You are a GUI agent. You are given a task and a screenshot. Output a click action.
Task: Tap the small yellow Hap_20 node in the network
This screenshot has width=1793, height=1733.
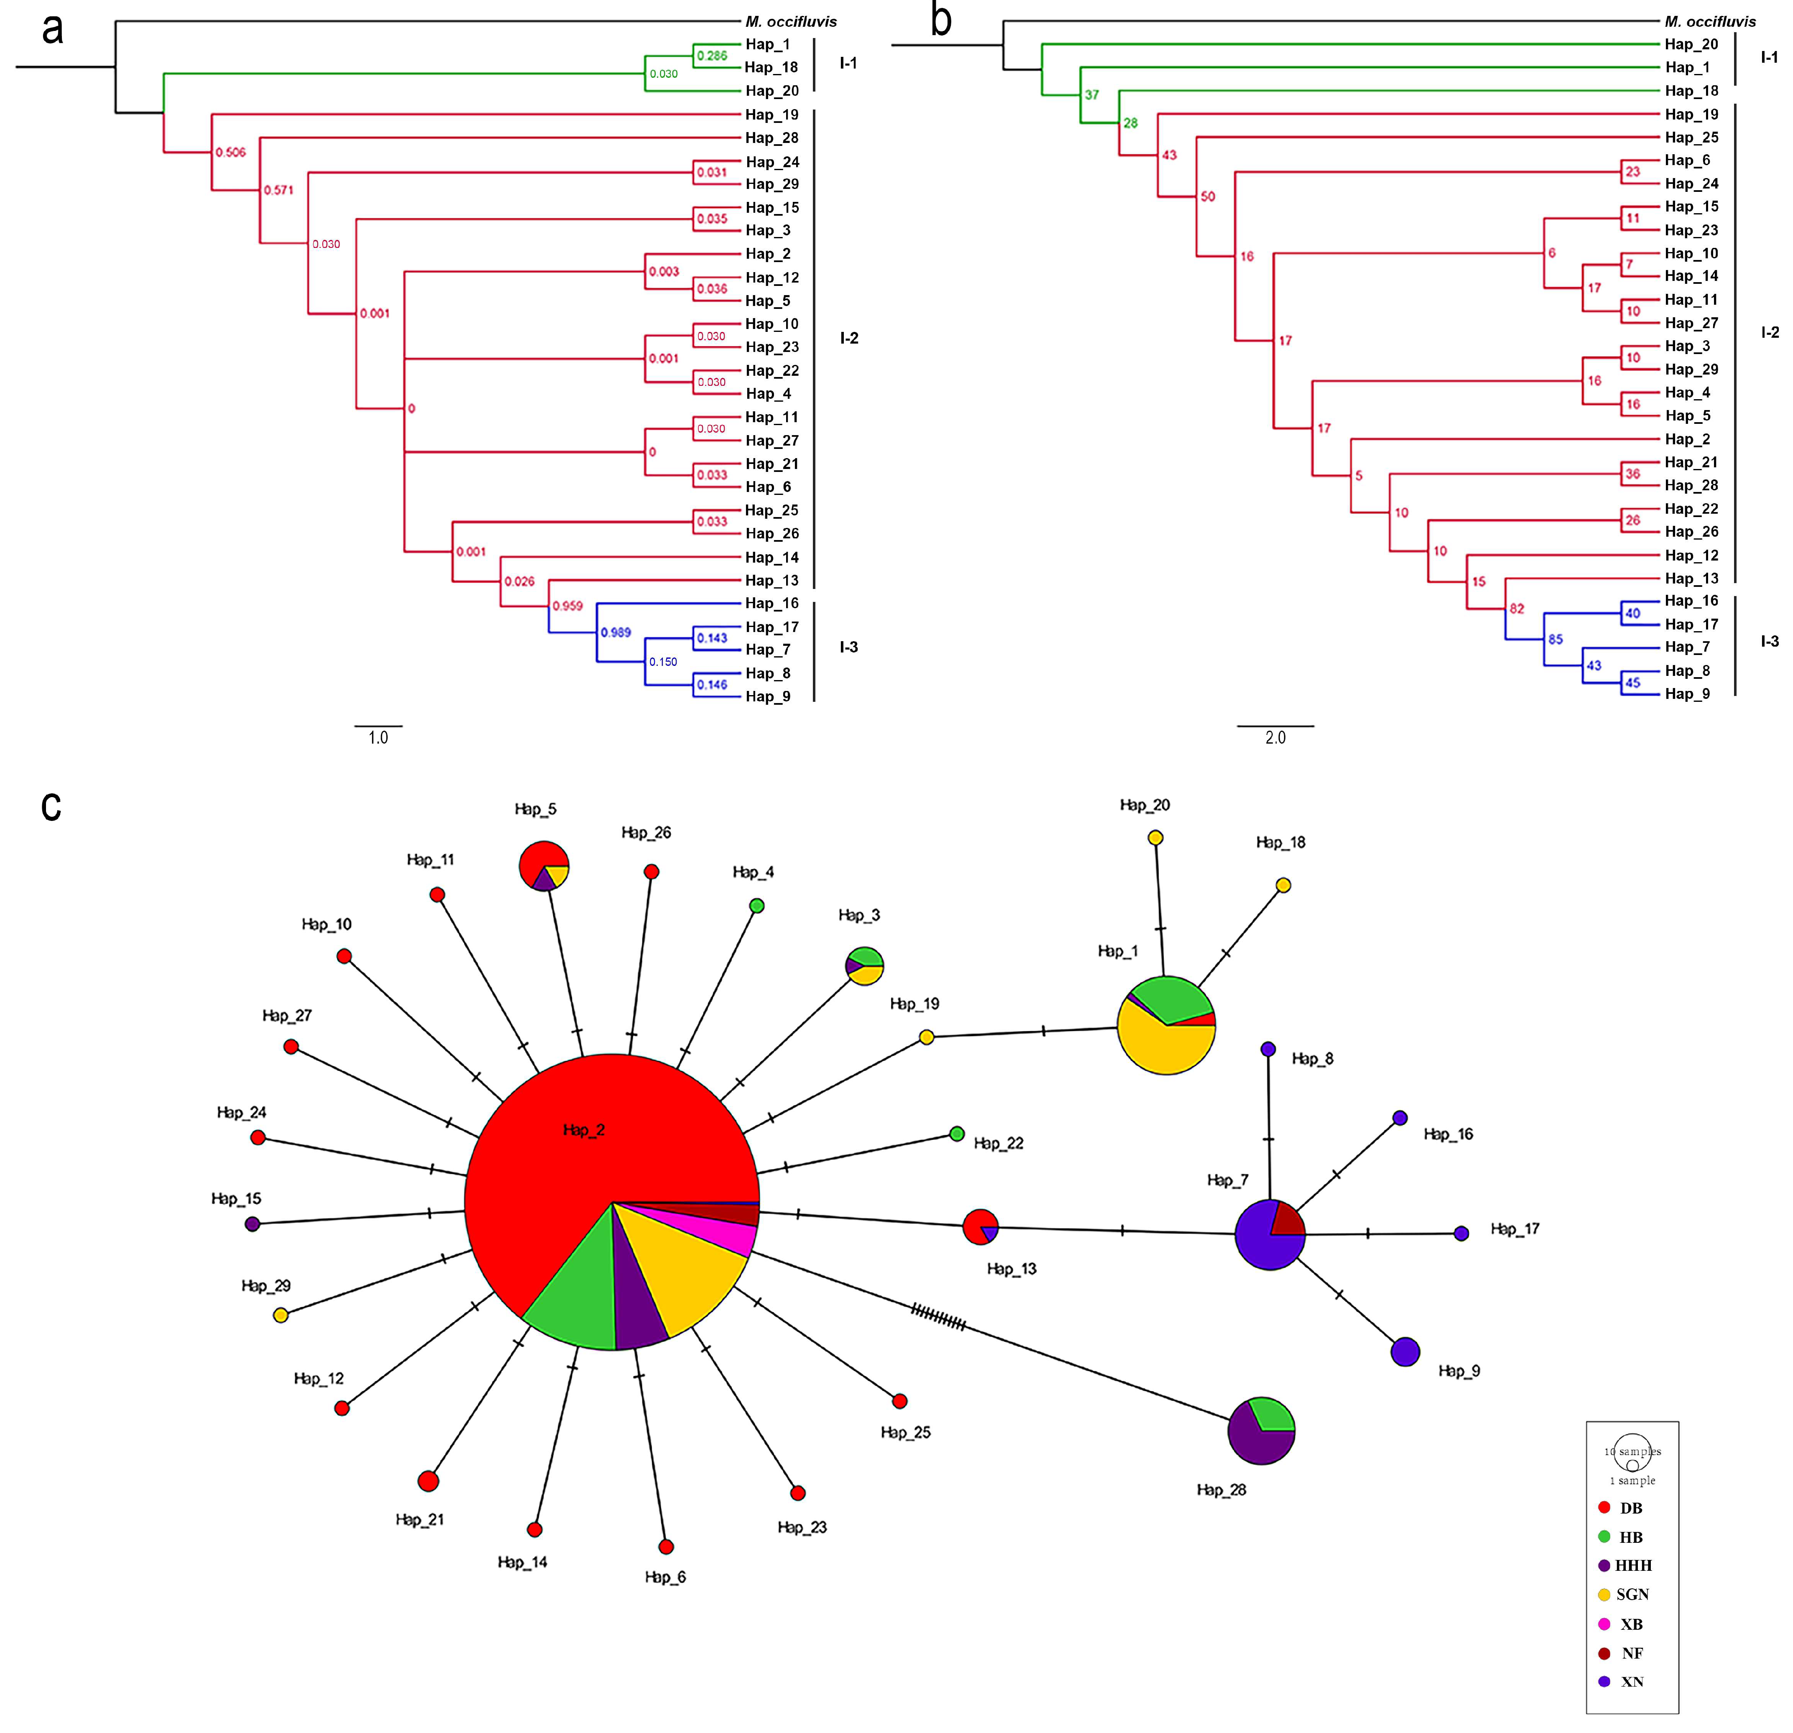point(1155,838)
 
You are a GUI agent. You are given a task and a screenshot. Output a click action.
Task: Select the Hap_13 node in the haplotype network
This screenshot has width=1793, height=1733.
point(980,1226)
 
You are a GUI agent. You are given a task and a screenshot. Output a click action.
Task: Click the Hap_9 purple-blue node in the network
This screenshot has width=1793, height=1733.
point(1404,1352)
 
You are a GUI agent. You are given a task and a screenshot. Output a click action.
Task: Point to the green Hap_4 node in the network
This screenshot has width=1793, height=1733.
point(756,905)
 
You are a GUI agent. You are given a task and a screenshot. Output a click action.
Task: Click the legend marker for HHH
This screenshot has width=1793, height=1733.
point(1604,1566)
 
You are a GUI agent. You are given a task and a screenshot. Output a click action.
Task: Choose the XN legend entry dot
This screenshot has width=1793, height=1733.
point(1604,1681)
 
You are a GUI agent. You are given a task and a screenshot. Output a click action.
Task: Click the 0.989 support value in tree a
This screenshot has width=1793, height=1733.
point(616,632)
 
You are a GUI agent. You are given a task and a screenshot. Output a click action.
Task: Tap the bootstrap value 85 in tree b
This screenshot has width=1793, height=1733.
point(1555,639)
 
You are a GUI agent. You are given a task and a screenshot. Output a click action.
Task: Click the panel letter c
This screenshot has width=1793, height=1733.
point(51,805)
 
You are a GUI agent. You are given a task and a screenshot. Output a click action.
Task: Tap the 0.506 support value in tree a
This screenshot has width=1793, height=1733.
point(230,152)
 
